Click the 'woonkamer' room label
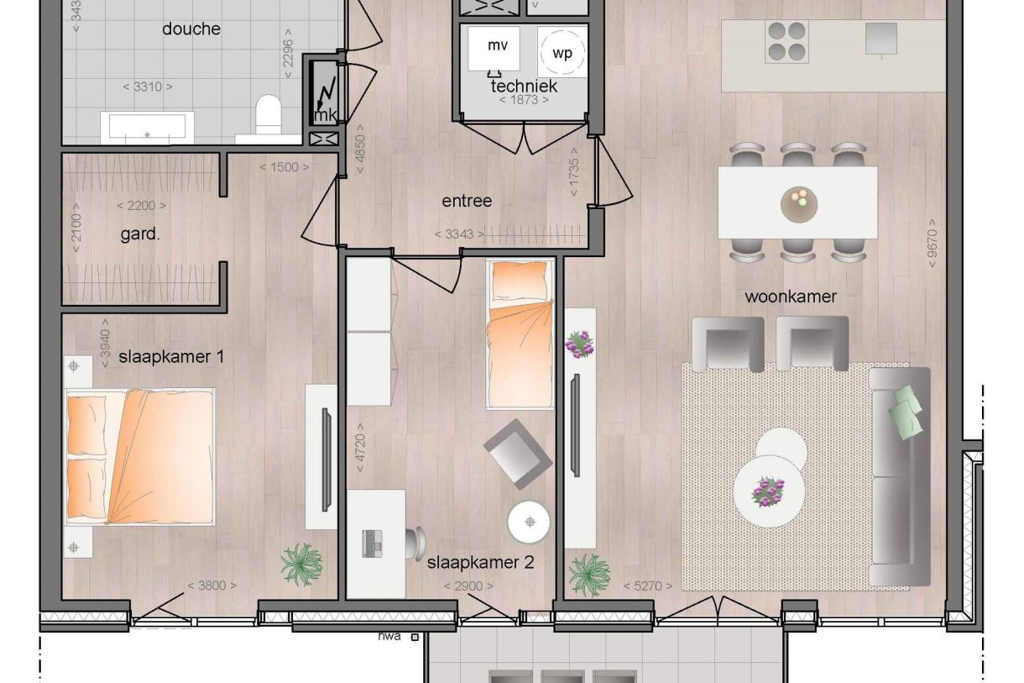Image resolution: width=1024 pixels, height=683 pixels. click(791, 297)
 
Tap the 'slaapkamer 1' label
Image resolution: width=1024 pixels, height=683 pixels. click(171, 357)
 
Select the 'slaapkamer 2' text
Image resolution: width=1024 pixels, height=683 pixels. click(480, 563)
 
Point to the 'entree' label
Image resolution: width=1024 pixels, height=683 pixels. click(467, 202)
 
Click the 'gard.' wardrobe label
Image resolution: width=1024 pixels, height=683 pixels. click(140, 235)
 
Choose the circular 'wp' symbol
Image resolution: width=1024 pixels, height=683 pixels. click(562, 52)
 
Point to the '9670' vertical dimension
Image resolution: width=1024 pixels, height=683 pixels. click(932, 244)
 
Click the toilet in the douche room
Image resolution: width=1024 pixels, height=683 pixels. click(269, 115)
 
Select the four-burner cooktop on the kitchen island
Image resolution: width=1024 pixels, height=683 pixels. click(786, 41)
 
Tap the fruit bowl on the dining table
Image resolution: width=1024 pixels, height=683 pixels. click(797, 203)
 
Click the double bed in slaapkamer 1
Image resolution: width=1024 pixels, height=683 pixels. click(140, 456)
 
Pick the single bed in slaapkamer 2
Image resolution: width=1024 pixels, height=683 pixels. click(520, 334)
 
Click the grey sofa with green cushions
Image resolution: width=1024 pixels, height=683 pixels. click(900, 475)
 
